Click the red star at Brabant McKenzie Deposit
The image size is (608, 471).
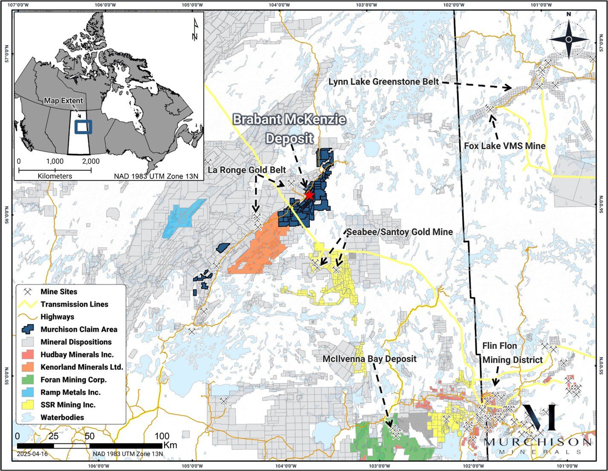pos(309,195)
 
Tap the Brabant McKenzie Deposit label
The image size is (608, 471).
pos(290,129)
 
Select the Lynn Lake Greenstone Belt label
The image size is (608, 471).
pos(383,82)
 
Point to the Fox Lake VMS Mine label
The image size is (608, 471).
pos(504,146)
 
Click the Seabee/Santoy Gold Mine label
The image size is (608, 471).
pos(400,232)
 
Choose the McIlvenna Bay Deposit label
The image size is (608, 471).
pos(369,359)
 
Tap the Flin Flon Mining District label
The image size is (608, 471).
pos(512,353)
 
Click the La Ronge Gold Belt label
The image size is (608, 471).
pos(247,170)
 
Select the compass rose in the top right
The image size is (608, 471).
pos(568,39)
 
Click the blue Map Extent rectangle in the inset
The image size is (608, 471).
pos(83,127)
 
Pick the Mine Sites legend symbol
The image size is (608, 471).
pos(28,292)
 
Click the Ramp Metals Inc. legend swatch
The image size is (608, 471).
pos(28,392)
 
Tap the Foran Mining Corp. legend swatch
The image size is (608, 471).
pos(28,380)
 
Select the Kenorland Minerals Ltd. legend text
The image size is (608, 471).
pos(82,367)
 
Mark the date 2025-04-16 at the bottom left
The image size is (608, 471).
pos(32,454)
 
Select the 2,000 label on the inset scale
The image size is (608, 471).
pos(90,161)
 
